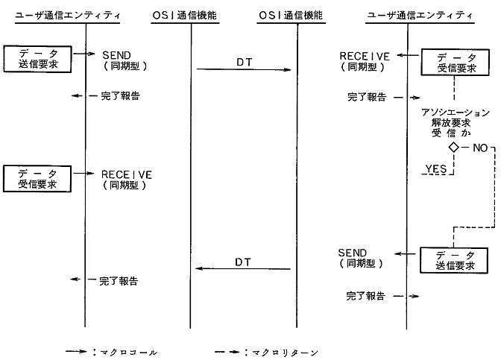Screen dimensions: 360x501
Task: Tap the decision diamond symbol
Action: (x=453, y=148)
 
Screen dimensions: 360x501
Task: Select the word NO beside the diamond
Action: (x=479, y=148)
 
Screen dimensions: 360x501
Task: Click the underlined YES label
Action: (x=435, y=169)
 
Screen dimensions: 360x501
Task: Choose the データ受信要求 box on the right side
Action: (x=453, y=63)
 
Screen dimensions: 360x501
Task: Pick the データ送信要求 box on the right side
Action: (x=453, y=260)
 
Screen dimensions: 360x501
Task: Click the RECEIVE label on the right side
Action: (x=365, y=55)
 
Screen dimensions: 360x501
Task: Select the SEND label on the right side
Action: (x=352, y=253)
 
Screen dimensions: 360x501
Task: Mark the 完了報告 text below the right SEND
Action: (x=365, y=296)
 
